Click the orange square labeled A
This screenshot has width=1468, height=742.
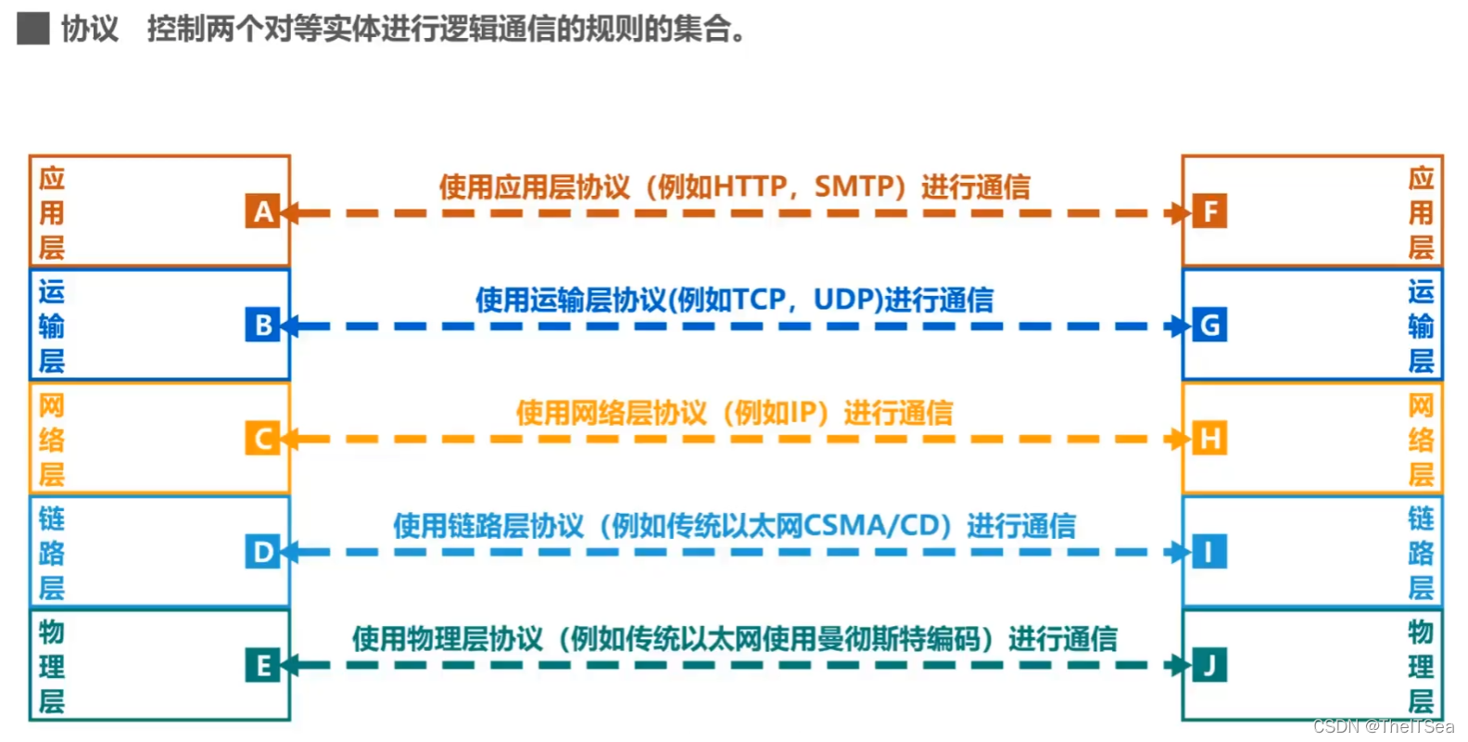coord(263,211)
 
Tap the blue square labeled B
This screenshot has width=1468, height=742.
coord(263,325)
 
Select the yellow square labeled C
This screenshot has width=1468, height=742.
coord(263,438)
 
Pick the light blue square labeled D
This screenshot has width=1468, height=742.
coord(263,552)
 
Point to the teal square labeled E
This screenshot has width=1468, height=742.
coord(263,665)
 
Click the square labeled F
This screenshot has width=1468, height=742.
coord(1209,211)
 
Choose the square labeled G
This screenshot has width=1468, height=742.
coord(1209,325)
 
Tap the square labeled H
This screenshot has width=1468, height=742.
coord(1209,438)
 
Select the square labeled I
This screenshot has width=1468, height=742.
coord(1209,552)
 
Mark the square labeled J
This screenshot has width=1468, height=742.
coord(1209,665)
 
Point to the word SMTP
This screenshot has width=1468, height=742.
coord(853,187)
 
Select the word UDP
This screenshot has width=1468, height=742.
coord(844,301)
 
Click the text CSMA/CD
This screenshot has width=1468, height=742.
coord(872,526)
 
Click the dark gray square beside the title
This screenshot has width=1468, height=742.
coord(33,29)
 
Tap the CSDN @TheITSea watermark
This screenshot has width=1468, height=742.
coord(1383,726)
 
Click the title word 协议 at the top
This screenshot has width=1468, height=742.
coord(90,29)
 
